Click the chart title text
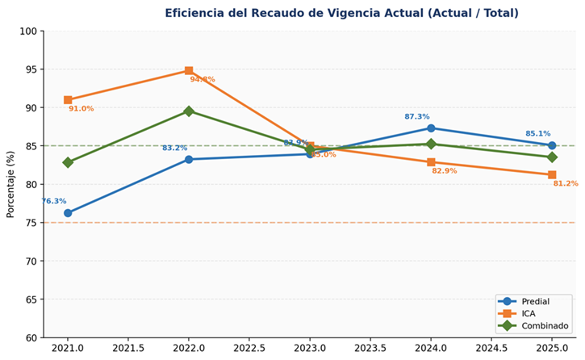tap(341, 13)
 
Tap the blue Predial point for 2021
tap(68, 213)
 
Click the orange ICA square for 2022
tap(189, 71)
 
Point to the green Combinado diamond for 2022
tap(189, 111)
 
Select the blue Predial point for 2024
tap(431, 128)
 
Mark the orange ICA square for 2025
tap(552, 175)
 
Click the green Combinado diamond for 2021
tap(68, 162)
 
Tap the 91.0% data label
tap(81, 109)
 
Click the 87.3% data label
tap(417, 117)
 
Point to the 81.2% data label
tap(566, 184)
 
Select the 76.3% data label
tap(54, 202)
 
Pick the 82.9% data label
tap(444, 171)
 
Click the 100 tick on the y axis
tap(28, 31)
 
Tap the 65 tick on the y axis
tap(31, 299)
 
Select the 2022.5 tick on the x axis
tap(249, 349)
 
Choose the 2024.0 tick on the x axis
tap(431, 349)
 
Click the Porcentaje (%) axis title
tap(11, 184)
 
